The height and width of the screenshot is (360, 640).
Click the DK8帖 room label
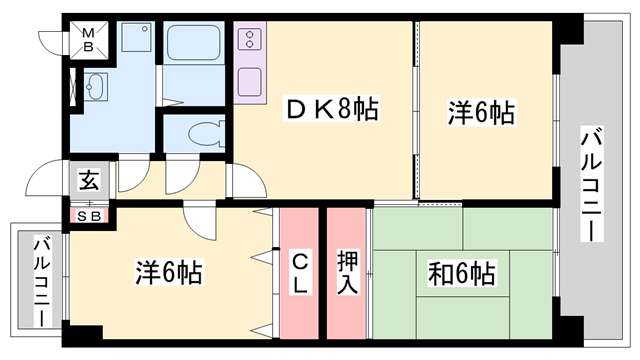333,111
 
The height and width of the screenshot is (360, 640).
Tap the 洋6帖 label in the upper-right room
481,111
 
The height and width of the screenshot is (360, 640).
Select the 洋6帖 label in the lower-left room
169,272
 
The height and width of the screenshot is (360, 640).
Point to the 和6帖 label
463,272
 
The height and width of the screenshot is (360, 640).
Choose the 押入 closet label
347,273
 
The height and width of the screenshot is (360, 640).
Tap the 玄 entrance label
89,181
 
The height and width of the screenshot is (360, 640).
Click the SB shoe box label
89,214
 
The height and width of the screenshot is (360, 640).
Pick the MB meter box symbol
88,39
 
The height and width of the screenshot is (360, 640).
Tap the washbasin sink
97,86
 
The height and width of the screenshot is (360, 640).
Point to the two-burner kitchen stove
248,42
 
